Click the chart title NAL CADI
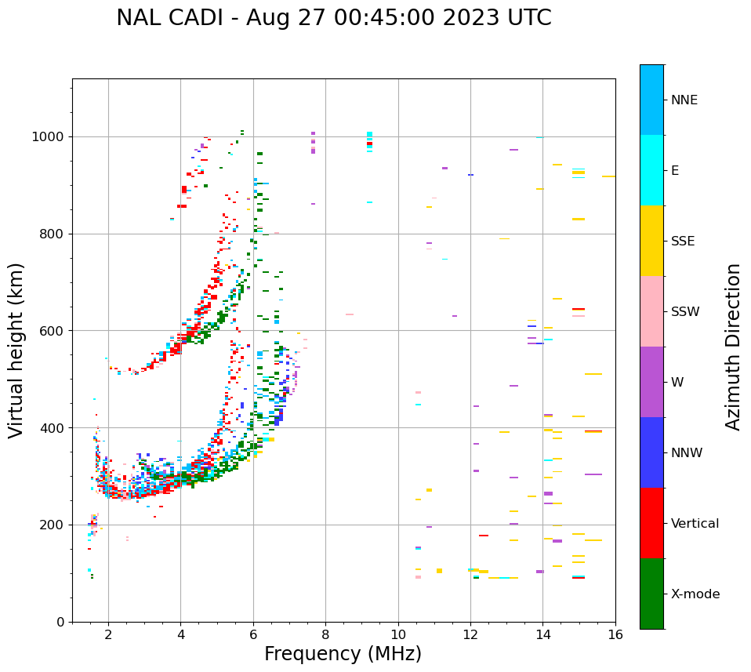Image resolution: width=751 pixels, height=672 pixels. click(333, 18)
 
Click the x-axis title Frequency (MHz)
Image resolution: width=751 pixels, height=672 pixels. click(343, 654)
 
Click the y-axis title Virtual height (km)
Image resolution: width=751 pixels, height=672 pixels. click(16, 351)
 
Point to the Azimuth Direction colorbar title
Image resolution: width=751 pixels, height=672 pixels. click(733, 347)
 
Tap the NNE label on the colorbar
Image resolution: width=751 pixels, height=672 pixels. click(684, 100)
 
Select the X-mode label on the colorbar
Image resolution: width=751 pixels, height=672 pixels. click(695, 594)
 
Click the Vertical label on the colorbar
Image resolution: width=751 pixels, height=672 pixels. click(695, 524)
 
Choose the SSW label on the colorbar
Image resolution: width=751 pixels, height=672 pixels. click(685, 312)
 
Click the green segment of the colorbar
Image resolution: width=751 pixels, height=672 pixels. click(651, 594)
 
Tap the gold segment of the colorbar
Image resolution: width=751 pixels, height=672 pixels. click(651, 241)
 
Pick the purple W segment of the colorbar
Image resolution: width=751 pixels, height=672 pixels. click(651, 382)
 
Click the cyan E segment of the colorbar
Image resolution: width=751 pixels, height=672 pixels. click(651, 170)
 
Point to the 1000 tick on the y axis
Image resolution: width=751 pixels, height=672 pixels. click(51, 137)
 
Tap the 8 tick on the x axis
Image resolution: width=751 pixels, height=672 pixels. click(325, 634)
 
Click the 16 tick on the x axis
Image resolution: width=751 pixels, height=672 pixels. click(615, 634)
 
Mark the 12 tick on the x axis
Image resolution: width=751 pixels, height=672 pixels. click(470, 634)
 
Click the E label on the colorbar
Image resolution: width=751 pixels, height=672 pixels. click(675, 171)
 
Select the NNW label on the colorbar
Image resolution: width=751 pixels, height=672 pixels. click(687, 453)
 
